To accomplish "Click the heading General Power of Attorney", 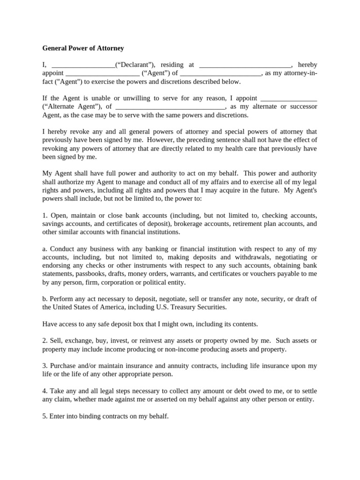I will [x=83, y=48].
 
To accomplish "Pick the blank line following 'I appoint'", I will [x=288, y=98].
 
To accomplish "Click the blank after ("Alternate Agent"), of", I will [x=170, y=107].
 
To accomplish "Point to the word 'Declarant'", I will [x=133, y=65].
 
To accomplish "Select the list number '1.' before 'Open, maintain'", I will [x=45, y=216].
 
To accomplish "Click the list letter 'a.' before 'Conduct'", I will [x=45, y=249].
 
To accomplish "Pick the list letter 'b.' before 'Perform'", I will [x=45, y=299].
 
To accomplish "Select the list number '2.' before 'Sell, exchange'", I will [x=45, y=340].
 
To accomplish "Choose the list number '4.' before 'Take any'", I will [x=45, y=391].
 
